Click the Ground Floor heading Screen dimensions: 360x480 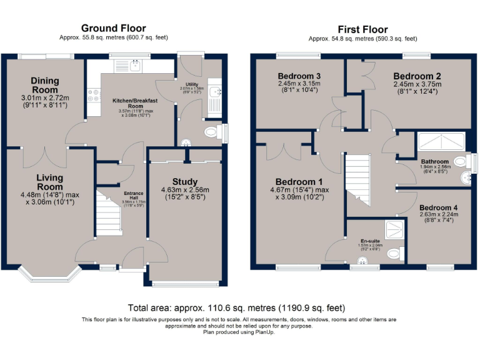114,28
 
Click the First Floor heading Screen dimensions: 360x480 362,29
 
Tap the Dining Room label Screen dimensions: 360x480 44,85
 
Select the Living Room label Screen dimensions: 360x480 49,182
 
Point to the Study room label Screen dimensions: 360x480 185,182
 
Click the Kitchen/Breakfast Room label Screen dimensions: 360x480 134,103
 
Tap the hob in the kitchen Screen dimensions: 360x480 94,96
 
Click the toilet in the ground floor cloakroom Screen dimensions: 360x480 212,132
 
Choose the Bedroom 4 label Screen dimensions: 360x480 438,207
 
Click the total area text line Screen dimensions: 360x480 236,308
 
